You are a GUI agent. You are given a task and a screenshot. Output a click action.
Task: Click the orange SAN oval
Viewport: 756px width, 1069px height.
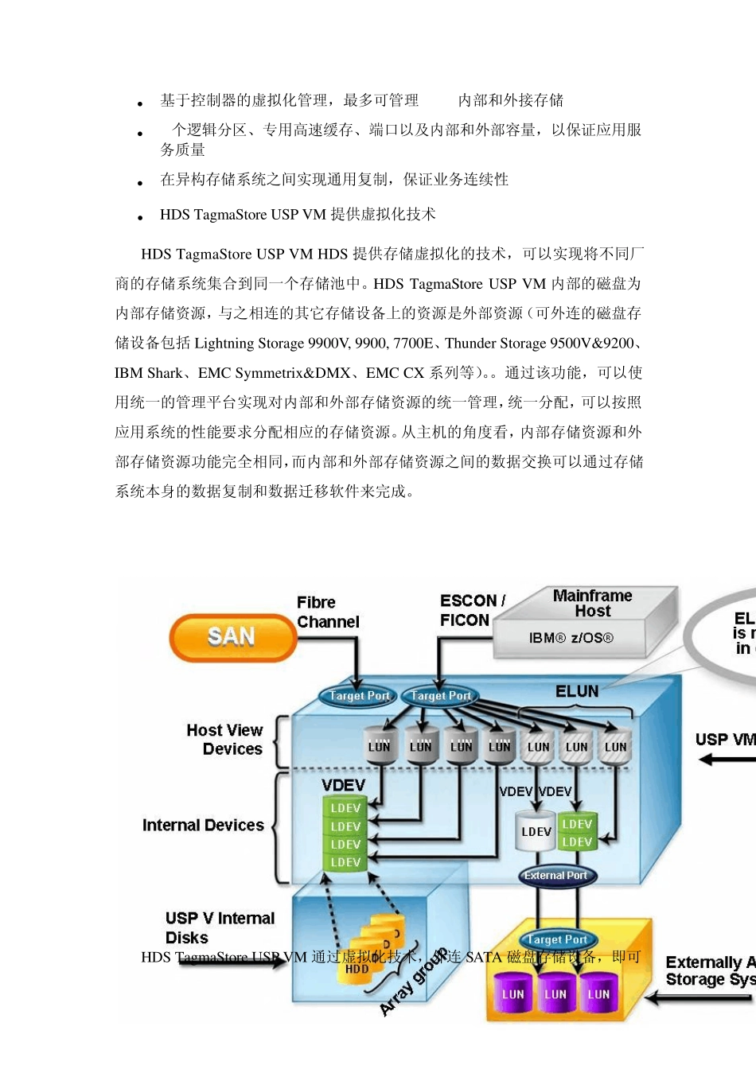232,637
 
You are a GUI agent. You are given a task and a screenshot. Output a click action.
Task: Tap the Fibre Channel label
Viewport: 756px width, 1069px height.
327,612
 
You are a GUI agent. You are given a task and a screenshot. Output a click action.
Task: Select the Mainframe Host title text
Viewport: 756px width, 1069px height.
592,603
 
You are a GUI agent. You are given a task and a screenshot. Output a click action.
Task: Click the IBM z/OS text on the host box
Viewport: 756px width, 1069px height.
571,638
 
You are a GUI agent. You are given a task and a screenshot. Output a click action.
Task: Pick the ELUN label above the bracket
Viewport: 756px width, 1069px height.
577,691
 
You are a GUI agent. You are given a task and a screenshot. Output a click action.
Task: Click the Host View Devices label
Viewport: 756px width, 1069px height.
224,739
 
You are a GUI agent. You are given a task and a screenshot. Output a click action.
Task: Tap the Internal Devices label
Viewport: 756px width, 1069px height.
203,826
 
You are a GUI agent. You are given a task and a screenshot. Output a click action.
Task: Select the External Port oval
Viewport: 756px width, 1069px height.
555,876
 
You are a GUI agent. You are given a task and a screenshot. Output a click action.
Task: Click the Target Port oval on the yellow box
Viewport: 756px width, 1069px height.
557,939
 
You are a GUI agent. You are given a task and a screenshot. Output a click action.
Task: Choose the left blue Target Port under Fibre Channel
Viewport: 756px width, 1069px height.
359,696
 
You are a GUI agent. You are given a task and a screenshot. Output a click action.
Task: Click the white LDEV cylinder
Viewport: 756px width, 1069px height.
536,832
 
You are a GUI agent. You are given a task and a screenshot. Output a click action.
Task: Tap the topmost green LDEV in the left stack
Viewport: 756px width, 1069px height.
345,808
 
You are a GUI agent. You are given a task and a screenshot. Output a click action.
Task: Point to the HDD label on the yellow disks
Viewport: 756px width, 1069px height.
357,969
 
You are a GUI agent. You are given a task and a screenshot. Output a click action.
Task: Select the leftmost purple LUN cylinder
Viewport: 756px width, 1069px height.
512,994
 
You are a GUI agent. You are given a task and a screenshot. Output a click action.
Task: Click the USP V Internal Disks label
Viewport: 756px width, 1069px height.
219,927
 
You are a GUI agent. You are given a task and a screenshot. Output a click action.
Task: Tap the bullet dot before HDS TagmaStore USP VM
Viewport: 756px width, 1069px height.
140,217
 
